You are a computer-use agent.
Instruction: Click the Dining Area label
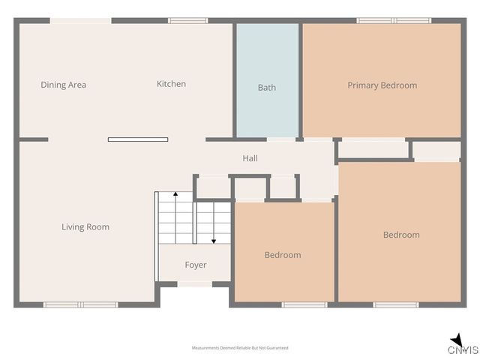pos(63,85)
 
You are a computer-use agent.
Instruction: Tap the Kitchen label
pos(171,84)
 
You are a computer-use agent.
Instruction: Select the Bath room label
pos(267,87)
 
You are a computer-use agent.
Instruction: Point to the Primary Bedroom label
pos(382,85)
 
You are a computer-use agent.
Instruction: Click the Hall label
pos(250,158)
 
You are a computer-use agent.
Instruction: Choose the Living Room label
pos(85,226)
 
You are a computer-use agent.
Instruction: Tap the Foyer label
pos(196,265)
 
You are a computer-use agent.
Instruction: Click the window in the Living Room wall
pos(80,304)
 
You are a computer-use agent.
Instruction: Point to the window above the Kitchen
pos(187,20)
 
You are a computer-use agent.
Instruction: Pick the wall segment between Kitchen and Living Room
pos(138,139)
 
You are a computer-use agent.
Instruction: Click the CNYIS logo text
pos(463,350)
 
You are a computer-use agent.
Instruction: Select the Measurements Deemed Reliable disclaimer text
pos(240,348)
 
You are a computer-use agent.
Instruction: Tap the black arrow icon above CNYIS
pos(456,339)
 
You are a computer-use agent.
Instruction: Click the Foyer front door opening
pos(195,283)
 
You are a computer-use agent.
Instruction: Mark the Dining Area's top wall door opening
pos(80,20)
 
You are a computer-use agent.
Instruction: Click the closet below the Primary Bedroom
pos(373,149)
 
